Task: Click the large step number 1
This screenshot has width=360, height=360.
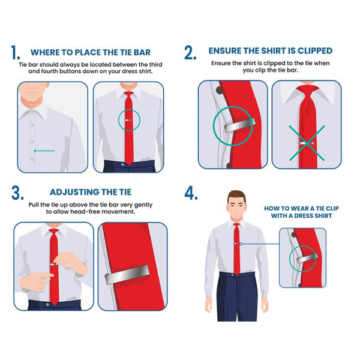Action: pos(16,52)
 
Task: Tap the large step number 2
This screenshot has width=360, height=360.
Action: pos(190,53)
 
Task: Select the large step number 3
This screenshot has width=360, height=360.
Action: pos(17,193)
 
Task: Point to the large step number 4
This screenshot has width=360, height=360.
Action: pos(191,193)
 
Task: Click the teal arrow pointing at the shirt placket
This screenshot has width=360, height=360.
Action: pos(44,151)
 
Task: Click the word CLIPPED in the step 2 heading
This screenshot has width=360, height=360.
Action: pos(315,51)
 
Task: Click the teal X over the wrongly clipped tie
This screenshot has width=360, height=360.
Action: pos(307,143)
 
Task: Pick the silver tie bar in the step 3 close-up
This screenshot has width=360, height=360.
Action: pos(127,275)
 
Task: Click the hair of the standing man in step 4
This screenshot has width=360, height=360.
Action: pos(237,196)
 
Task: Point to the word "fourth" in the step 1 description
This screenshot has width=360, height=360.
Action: pos(49,71)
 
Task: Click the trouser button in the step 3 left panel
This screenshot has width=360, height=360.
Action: pos(47,304)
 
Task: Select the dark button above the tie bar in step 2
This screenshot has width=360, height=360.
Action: pos(220,90)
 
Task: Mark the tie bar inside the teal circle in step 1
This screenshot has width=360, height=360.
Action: pos(128,120)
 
